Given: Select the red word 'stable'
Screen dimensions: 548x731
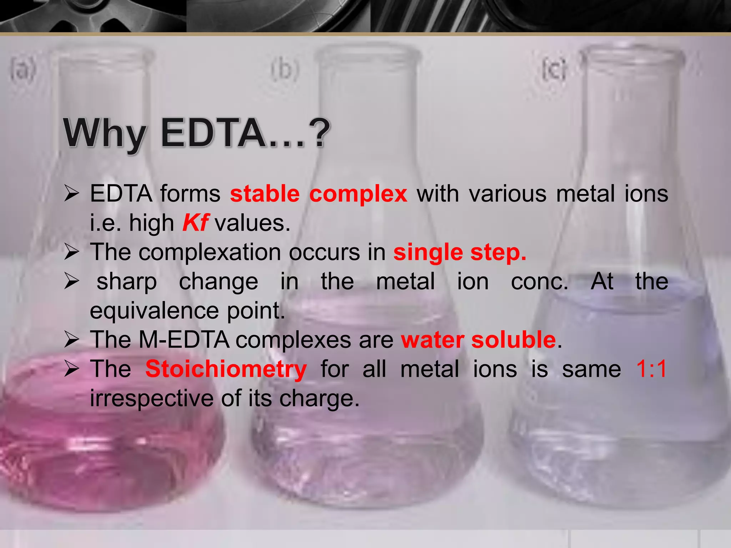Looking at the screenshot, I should tap(264, 194).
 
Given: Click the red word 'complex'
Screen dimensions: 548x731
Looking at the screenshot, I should tap(358, 195).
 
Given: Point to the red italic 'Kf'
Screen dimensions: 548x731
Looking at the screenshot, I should tap(195, 223).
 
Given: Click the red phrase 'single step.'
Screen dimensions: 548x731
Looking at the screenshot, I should tap(460, 253).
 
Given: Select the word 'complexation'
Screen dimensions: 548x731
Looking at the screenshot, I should tap(210, 253).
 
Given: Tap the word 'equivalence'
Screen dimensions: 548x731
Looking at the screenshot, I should tap(154, 311).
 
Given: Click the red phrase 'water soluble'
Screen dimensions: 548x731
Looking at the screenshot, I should tap(478, 340).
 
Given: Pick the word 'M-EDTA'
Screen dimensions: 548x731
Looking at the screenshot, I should tap(184, 340).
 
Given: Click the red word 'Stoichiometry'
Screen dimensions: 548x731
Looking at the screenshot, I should tap(226, 369).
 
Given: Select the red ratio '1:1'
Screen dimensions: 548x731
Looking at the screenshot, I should tap(651, 369).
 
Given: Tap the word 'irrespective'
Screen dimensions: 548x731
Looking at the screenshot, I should tap(151, 398).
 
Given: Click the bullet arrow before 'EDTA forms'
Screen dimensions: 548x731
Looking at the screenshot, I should tap(72, 194).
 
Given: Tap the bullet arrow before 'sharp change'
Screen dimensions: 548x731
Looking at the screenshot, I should tap(72, 282).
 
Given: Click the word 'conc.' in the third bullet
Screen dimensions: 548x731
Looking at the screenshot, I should tap(539, 282).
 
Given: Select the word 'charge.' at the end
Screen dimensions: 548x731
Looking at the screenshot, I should tap(319, 398).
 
